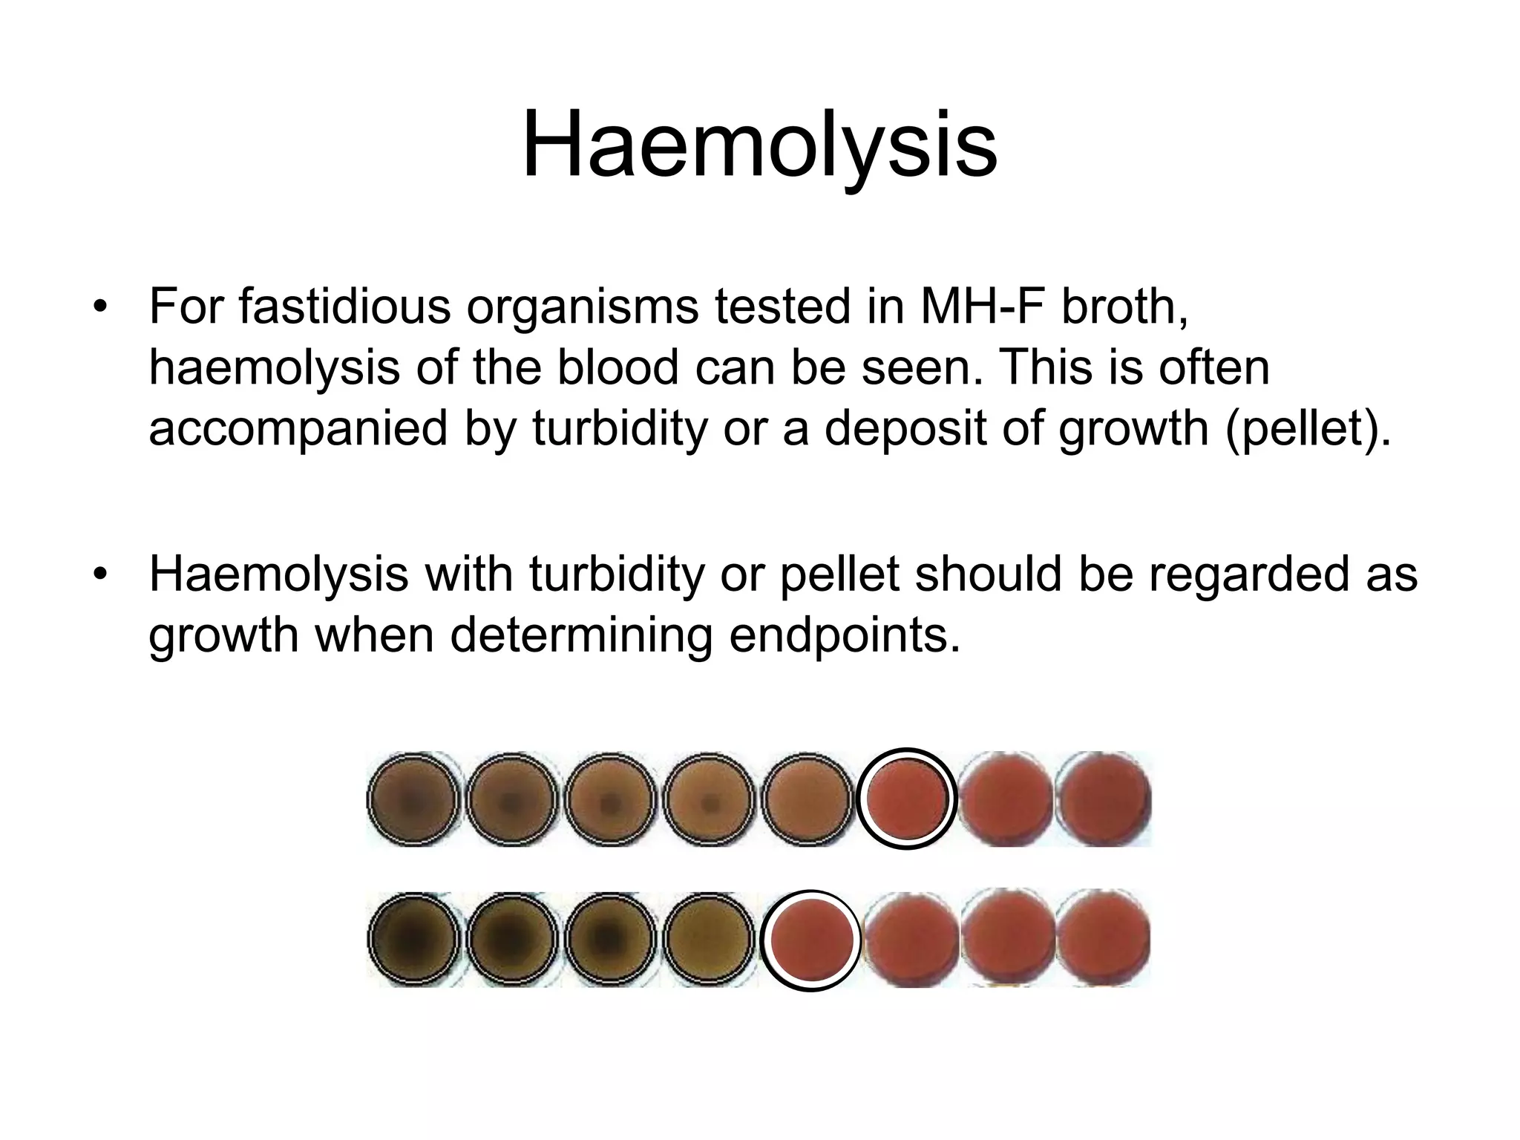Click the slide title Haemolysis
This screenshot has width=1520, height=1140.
pos(759,145)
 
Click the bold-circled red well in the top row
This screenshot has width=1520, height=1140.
pos(906,799)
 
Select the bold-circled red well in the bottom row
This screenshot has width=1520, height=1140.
pos(810,940)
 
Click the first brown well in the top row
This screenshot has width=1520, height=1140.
pos(414,799)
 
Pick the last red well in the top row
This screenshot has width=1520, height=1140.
pos(1103,799)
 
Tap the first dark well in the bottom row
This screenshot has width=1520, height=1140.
pos(414,940)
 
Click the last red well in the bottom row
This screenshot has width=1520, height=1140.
pos(1103,939)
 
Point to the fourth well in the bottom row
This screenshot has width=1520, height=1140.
pos(709,940)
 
